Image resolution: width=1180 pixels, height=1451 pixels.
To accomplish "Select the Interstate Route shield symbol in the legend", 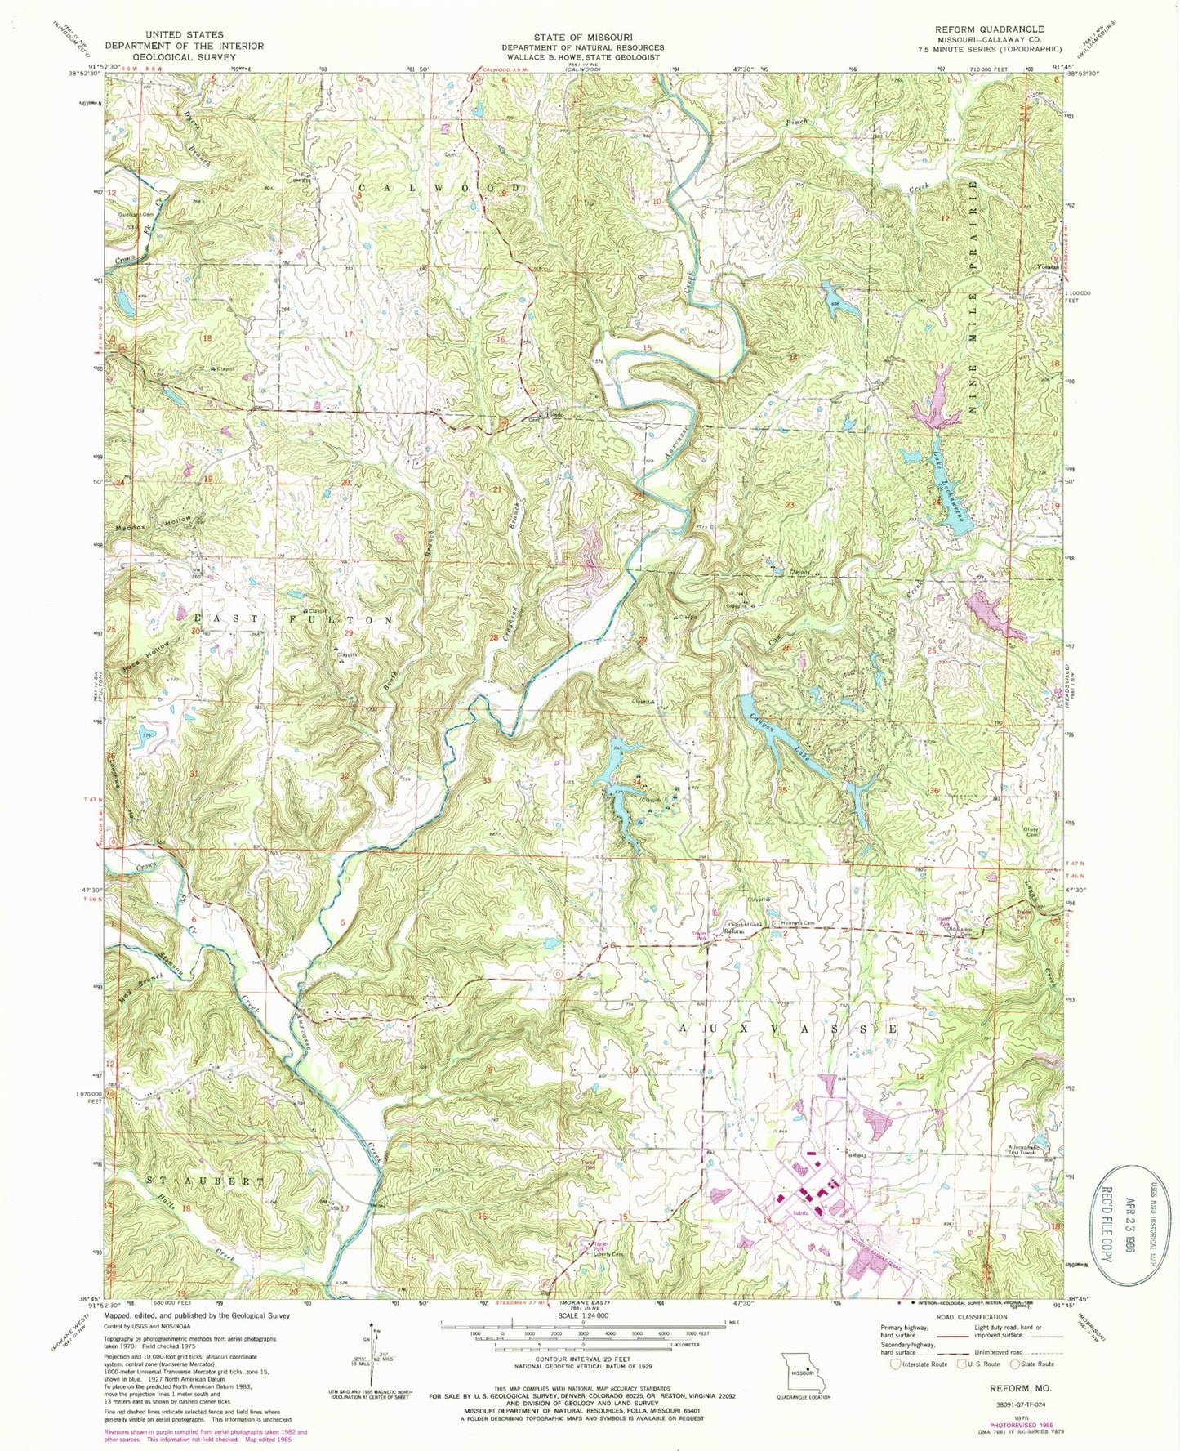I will click(896, 1364).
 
